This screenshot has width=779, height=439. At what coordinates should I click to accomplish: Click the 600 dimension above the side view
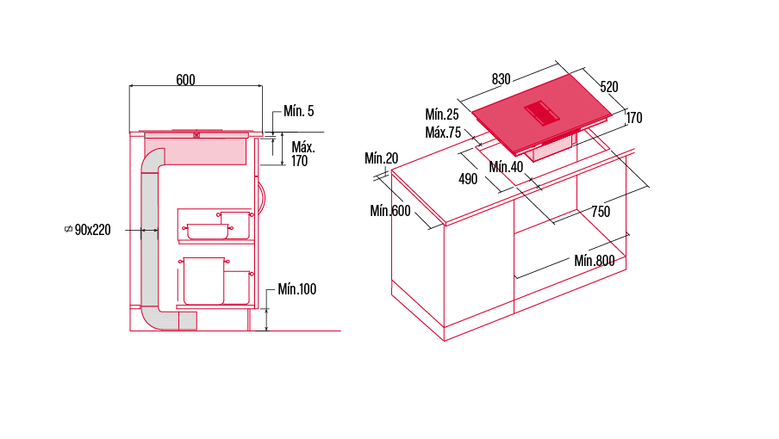[x=185, y=80]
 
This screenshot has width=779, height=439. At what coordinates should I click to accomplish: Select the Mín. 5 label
[x=298, y=111]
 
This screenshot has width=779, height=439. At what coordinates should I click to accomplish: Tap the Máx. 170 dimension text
[x=303, y=154]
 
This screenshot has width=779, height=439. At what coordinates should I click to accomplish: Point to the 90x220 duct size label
[x=92, y=230]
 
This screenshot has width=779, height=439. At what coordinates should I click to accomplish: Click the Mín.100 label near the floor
[x=297, y=289]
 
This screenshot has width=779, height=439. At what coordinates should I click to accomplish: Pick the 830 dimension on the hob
[x=502, y=79]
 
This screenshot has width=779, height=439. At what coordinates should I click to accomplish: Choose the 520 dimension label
[x=609, y=87]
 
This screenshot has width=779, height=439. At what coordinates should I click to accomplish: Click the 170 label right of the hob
[x=634, y=118]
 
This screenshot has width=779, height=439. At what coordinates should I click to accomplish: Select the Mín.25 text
[x=442, y=114]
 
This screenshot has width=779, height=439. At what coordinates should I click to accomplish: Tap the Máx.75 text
[x=443, y=133]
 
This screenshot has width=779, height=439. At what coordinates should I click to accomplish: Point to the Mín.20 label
[x=382, y=158]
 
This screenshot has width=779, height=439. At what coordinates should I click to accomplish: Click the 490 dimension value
[x=468, y=179]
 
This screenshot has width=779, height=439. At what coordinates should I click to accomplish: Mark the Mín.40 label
[x=506, y=167]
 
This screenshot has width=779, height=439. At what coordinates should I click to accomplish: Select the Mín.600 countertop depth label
[x=390, y=211]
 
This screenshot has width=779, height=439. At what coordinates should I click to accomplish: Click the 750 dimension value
[x=601, y=212]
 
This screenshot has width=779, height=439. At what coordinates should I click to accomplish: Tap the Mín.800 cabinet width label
[x=595, y=261]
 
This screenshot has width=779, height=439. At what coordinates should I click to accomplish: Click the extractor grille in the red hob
[x=542, y=113]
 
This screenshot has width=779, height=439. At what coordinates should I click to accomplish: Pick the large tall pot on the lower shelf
[x=203, y=281]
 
